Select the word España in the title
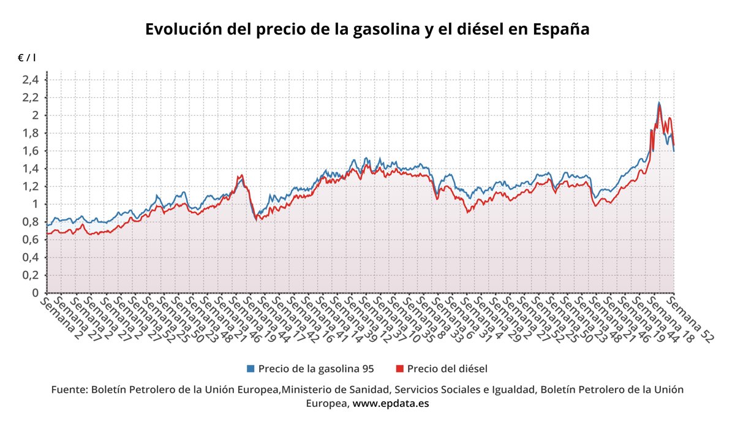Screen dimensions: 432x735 560,29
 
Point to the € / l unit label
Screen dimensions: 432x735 26,58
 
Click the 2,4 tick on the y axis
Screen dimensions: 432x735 31,80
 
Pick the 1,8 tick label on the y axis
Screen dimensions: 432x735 31,133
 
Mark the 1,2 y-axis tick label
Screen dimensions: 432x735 31,186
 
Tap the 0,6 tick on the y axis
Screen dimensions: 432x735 31,240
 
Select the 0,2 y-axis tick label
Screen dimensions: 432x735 31,275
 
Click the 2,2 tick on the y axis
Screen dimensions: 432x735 31,97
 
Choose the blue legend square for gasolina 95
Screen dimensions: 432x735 251,368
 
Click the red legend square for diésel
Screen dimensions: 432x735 399,368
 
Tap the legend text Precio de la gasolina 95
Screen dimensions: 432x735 316,368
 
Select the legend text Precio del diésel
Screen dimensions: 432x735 447,368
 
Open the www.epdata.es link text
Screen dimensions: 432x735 391,403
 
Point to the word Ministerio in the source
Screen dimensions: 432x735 307,389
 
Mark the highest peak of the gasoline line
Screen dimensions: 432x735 658,102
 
